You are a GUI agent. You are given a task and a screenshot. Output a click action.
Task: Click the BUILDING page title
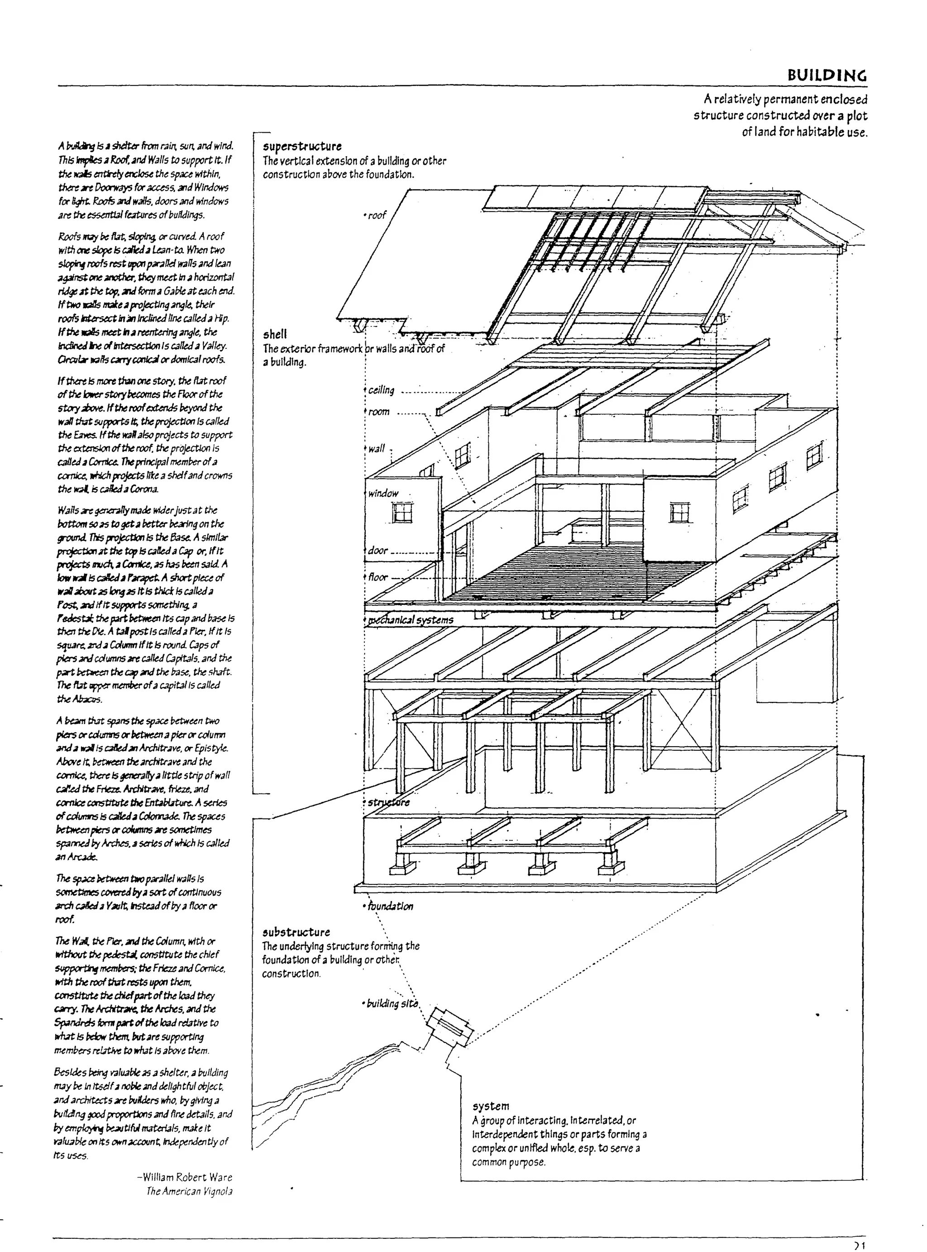(x=827, y=75)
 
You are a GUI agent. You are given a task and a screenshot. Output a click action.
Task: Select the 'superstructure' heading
(x=302, y=146)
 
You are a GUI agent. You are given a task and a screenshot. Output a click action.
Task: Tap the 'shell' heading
(x=275, y=335)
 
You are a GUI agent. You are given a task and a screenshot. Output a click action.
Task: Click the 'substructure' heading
(x=296, y=932)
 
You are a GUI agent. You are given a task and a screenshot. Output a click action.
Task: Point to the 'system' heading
(x=491, y=1106)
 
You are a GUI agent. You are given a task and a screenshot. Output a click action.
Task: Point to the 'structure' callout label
(x=388, y=802)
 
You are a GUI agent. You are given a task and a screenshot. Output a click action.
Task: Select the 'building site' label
(x=392, y=1004)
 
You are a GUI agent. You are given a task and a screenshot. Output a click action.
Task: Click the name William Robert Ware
(x=185, y=1177)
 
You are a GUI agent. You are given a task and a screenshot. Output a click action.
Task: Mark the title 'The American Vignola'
(x=189, y=1191)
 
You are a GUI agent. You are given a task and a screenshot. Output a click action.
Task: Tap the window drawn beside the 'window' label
(x=402, y=513)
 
